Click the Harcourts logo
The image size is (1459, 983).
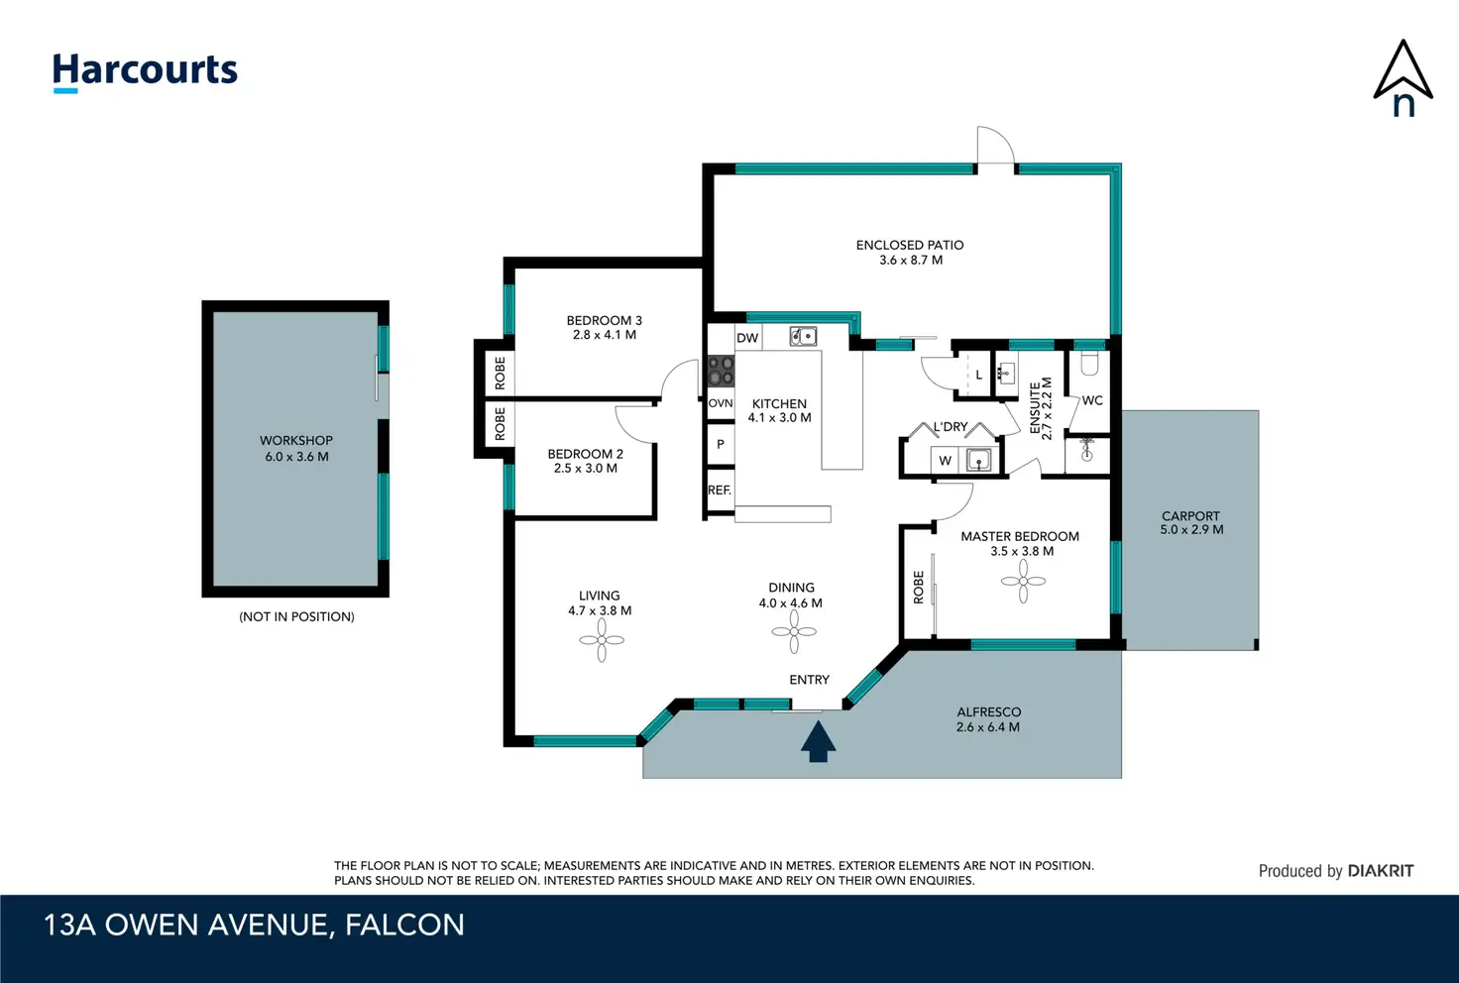point(145,72)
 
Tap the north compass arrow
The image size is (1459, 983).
point(1403,77)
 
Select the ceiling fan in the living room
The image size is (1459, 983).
point(602,640)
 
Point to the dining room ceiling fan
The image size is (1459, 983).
point(794,631)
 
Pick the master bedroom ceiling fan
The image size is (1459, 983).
point(1023,581)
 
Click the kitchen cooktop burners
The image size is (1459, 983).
point(721,371)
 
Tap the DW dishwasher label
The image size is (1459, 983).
point(747,338)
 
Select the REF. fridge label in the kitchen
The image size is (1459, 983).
point(719,491)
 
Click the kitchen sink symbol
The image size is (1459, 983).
point(803,336)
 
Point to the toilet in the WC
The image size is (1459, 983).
point(1089,364)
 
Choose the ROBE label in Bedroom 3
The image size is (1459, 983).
point(501,373)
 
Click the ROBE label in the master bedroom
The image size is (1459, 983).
point(919,588)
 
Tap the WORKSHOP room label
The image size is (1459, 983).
point(296,441)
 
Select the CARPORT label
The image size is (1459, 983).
point(1190,515)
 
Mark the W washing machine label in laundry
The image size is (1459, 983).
point(946,461)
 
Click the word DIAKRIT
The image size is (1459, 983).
point(1381,871)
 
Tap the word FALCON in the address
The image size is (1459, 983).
point(404,926)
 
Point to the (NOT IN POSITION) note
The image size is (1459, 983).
point(297,616)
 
